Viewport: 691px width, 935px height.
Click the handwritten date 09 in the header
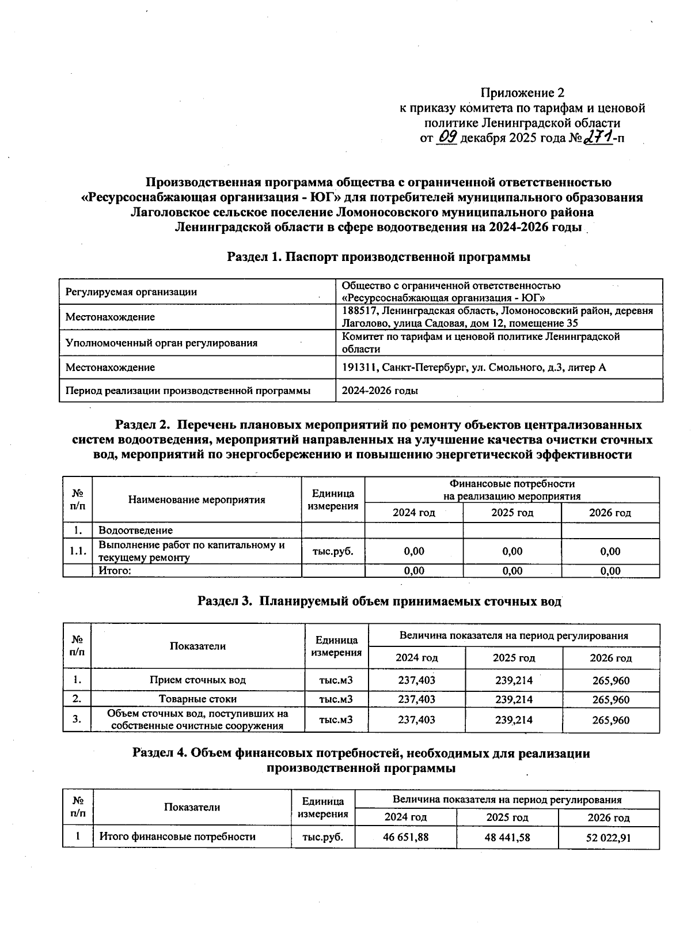(447, 137)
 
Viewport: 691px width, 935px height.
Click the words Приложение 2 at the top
(522, 93)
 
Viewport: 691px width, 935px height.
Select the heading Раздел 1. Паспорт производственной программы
(378, 257)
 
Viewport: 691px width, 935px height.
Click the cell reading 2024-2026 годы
(380, 391)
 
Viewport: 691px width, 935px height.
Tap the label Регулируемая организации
(131, 292)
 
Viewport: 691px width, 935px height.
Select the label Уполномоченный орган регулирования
(161, 343)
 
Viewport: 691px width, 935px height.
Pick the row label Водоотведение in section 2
(136, 530)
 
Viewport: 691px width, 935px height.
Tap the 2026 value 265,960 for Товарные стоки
(611, 700)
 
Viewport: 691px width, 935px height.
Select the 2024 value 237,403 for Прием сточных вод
(416, 680)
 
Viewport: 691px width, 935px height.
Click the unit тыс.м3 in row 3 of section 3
(336, 720)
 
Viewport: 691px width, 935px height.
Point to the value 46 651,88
(405, 837)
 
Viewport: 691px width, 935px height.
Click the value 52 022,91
(608, 838)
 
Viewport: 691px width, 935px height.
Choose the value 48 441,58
(507, 837)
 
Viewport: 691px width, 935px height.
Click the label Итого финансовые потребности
(177, 836)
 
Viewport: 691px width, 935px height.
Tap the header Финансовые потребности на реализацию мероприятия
(511, 490)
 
